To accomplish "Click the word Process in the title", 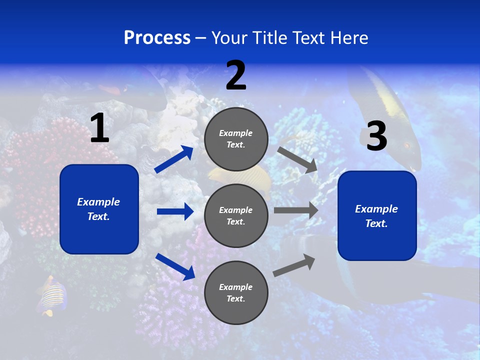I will pos(157,38).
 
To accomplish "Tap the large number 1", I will pos(99,129).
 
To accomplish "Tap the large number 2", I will pos(236,76).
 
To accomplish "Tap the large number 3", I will pos(376,137).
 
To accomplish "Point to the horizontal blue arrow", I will pos(175,211).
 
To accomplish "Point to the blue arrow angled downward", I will pos(175,266).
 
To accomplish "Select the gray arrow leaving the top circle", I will pos(297,159).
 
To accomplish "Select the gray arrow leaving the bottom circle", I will pos(294,265).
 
